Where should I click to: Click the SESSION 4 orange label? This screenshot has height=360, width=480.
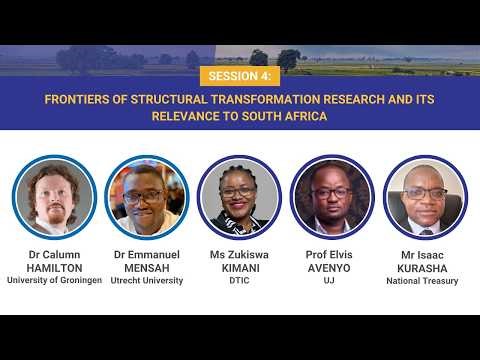(x=239, y=77)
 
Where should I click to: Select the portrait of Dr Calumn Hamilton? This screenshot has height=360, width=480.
(x=54, y=196)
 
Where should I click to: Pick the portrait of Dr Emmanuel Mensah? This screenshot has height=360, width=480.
(x=147, y=196)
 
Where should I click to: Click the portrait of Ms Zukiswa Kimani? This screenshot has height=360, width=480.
(x=239, y=196)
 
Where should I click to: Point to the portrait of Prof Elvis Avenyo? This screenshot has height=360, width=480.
(x=330, y=196)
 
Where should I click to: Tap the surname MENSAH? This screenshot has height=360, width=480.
(x=147, y=268)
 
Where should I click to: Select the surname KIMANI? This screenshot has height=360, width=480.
(x=239, y=268)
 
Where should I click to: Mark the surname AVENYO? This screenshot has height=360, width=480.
(x=330, y=268)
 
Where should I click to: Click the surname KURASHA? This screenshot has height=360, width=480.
(x=423, y=268)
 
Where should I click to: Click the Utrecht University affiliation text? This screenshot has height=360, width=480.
(x=147, y=281)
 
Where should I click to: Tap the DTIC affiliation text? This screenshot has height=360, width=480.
(x=239, y=281)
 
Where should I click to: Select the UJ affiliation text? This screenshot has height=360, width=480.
(x=330, y=281)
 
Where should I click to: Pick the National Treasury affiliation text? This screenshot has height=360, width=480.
(x=423, y=281)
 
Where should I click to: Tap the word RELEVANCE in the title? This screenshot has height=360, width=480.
(x=187, y=116)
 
